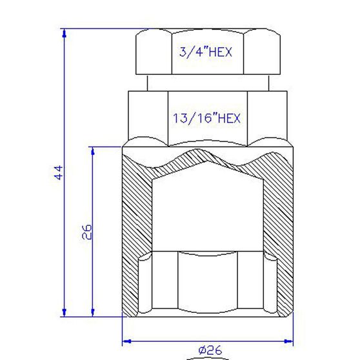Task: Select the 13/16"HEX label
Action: coord(206,118)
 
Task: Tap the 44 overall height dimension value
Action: coord(58,173)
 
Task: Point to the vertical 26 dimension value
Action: coord(88,232)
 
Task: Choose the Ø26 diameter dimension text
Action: coord(210,350)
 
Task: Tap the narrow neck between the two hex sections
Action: coord(206,83)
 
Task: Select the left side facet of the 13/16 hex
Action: coord(148,116)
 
